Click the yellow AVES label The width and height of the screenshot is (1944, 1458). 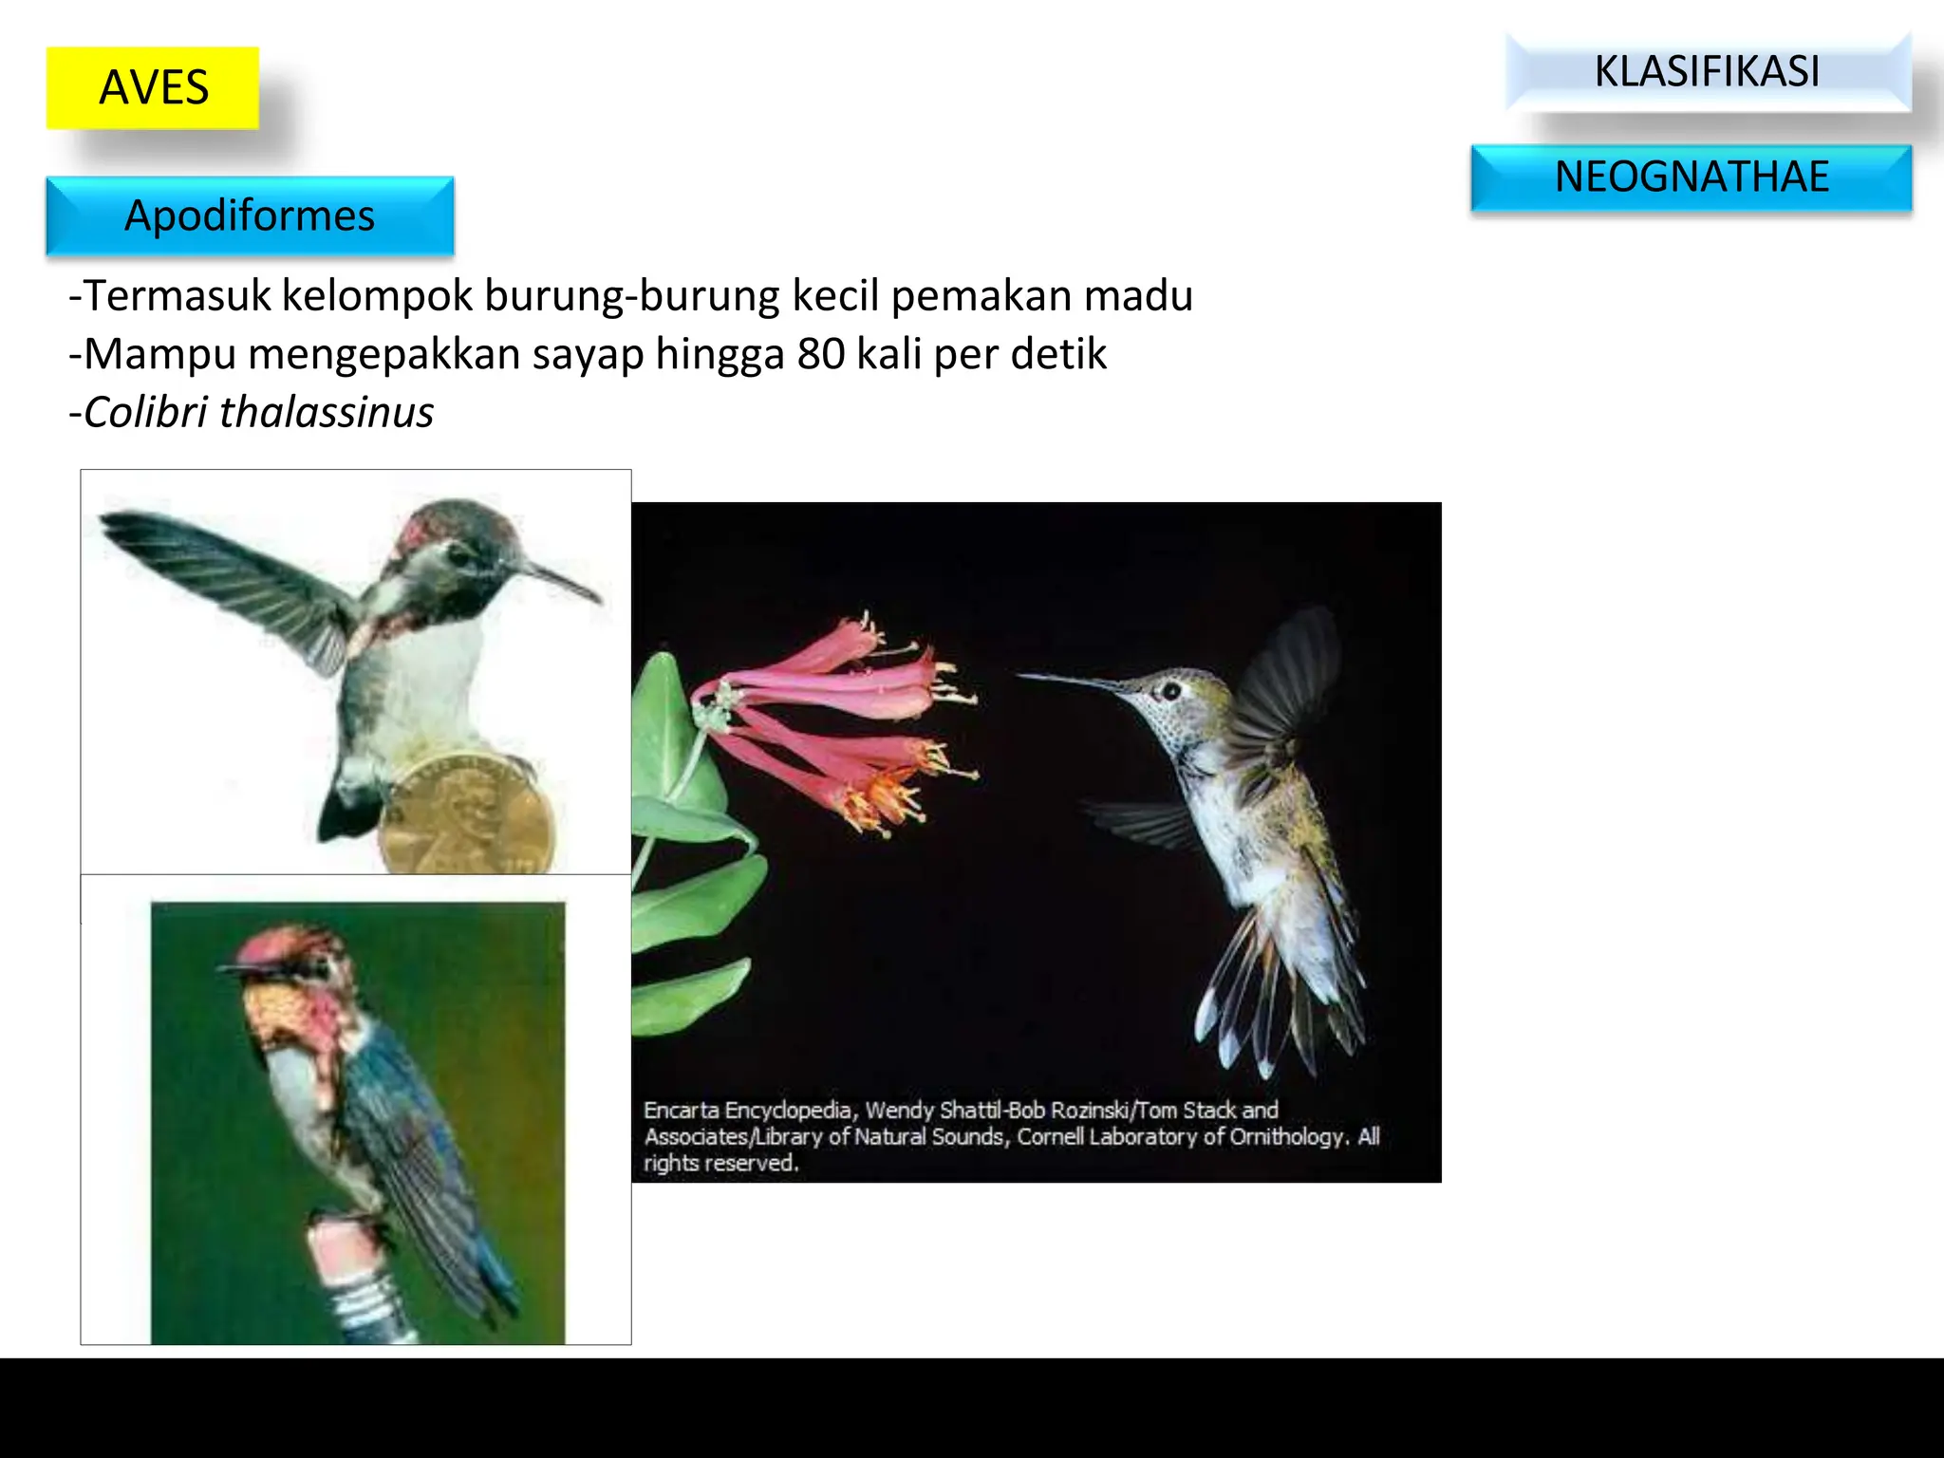(x=153, y=87)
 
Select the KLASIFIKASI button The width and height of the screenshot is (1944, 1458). (x=1707, y=72)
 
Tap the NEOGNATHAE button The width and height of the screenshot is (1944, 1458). (x=1691, y=178)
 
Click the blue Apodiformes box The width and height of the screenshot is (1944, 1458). (x=250, y=216)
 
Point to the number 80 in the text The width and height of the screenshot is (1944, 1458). (x=820, y=354)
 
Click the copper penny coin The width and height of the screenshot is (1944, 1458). (x=465, y=817)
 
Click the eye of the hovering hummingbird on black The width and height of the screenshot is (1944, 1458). (x=1171, y=690)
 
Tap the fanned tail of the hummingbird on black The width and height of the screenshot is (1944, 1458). (x=1272, y=997)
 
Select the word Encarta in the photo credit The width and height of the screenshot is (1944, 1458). (x=681, y=1110)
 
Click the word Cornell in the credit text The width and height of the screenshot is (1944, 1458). (x=1050, y=1136)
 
